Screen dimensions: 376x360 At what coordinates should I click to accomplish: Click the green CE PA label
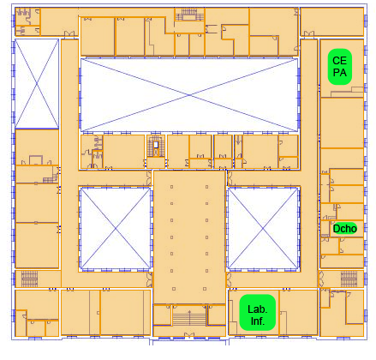point(340,67)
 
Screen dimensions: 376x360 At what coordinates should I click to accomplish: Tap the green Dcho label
point(345,229)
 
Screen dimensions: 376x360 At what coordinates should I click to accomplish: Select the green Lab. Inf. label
point(258,313)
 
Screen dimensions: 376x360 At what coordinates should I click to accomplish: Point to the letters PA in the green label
point(340,73)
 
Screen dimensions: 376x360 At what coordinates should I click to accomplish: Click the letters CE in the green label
point(340,61)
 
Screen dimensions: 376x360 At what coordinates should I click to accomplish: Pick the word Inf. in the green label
point(258,321)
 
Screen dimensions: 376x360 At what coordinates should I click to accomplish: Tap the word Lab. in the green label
point(258,309)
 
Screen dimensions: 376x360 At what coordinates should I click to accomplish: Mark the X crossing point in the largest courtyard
point(189,95)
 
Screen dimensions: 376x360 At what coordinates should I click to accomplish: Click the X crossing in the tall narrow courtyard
point(37,84)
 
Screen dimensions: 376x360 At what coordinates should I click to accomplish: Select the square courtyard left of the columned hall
point(116,228)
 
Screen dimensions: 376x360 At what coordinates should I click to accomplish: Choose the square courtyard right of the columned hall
point(263,228)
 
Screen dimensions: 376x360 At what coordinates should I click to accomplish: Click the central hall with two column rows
point(189,237)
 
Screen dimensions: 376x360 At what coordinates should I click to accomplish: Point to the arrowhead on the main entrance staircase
point(189,311)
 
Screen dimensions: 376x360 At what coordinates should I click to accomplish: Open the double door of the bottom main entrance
point(189,334)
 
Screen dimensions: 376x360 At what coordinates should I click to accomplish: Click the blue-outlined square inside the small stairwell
point(156,145)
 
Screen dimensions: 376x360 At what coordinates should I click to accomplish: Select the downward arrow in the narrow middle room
point(238,140)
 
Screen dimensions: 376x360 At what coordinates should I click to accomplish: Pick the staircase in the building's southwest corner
point(29,279)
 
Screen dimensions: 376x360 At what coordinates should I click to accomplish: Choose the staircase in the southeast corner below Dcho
point(349,279)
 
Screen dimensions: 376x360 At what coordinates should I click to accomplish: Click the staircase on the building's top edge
point(189,14)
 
